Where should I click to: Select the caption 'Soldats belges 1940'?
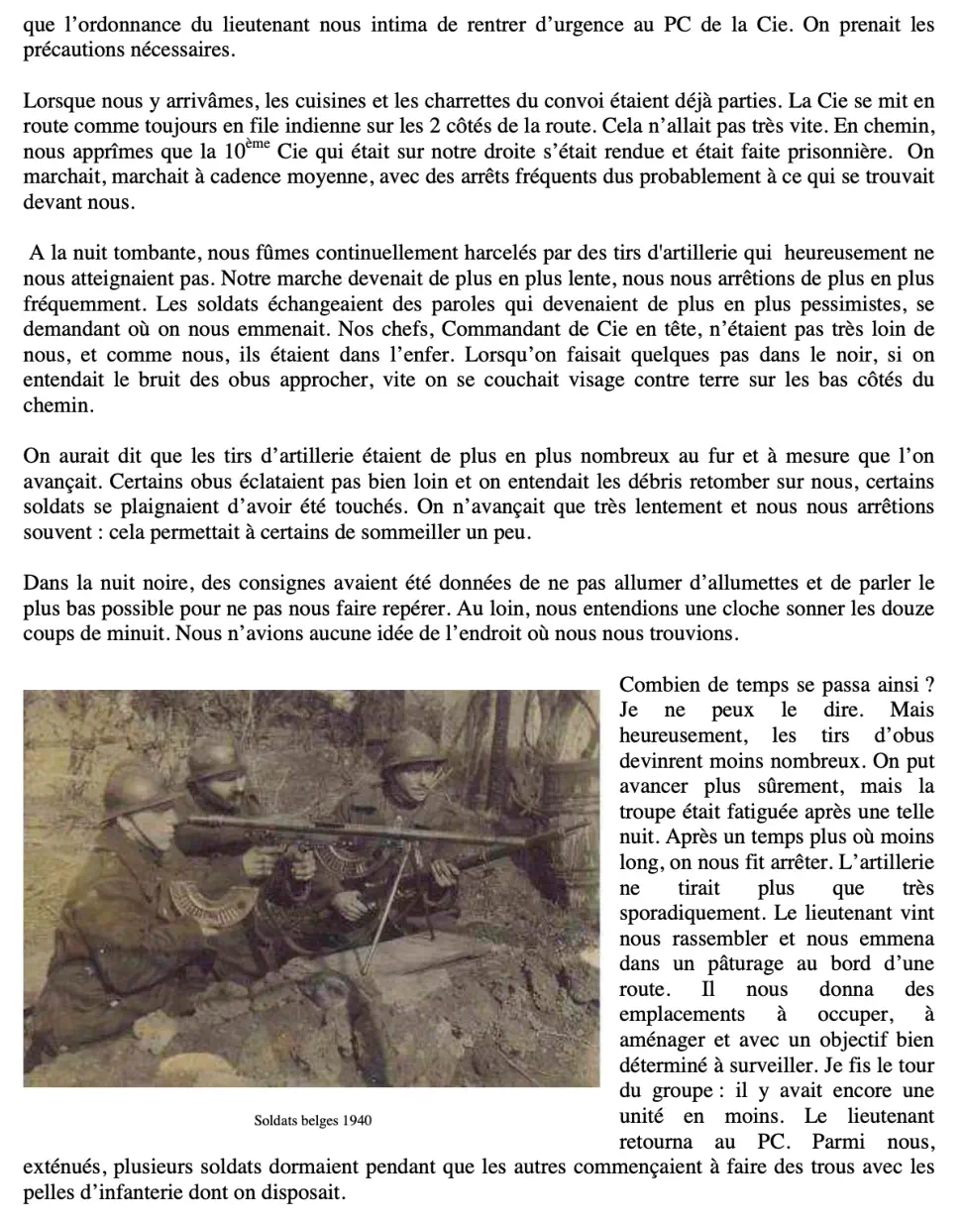click(x=312, y=1121)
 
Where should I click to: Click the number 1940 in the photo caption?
click(x=357, y=1121)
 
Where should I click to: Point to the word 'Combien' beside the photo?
click(x=658, y=685)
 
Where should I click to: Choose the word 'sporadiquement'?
click(x=687, y=913)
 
